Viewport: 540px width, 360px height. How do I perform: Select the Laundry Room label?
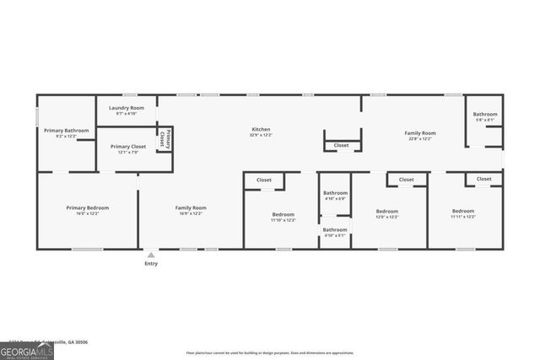point(126,108)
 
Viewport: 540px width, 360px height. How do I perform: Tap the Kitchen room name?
point(260,129)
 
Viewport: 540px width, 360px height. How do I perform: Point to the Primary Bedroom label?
point(88,207)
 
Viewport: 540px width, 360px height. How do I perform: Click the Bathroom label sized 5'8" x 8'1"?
point(485,114)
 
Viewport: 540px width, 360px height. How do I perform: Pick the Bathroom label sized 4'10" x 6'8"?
point(335,193)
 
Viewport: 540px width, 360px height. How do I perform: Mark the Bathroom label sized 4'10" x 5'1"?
point(335,229)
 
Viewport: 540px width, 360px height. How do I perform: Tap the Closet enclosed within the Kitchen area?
point(341,145)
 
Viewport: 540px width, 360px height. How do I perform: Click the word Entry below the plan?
point(151,264)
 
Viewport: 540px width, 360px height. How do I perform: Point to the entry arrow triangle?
point(151,255)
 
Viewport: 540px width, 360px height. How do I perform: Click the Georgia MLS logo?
point(27,350)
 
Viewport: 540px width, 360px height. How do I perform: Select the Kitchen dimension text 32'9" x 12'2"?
point(260,135)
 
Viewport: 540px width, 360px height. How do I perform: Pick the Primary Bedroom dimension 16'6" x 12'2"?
point(88,214)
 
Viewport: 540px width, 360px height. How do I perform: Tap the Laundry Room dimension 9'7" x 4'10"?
point(126,114)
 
